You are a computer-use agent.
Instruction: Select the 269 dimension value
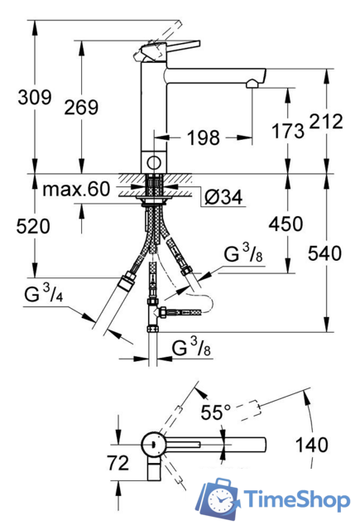pos(80,107)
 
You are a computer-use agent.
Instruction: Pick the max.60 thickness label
pos(77,190)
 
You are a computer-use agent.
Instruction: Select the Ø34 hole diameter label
pos(222,197)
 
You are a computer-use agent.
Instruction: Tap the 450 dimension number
pos(285,224)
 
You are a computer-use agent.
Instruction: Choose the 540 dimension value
pos(324,254)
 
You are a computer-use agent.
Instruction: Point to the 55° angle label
pos(216,412)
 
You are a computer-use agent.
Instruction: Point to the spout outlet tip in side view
pos(255,79)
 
